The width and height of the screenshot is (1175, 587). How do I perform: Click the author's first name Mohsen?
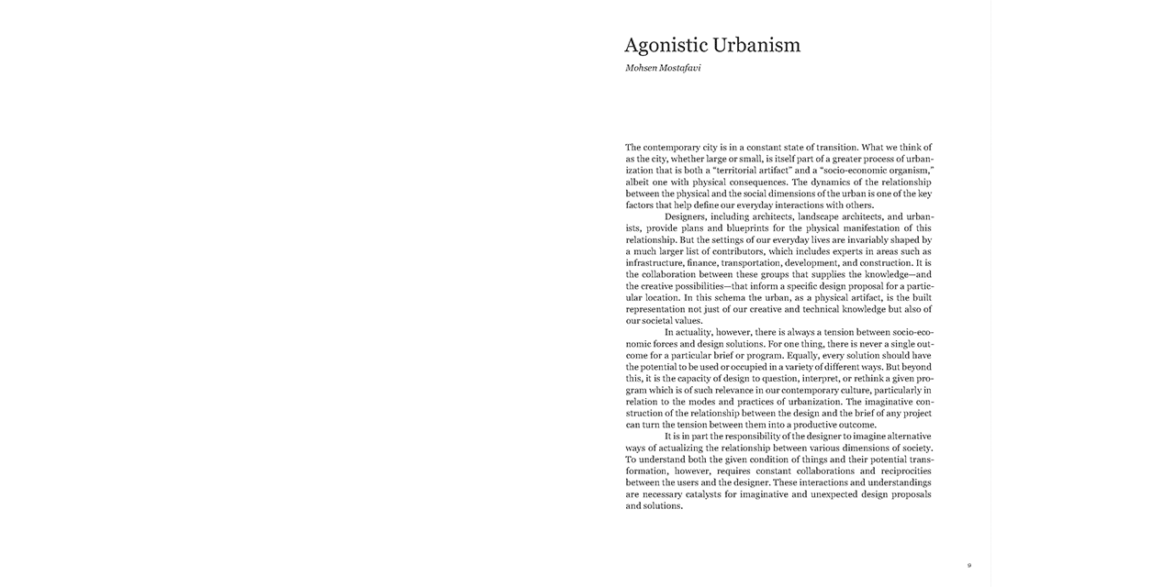(x=643, y=68)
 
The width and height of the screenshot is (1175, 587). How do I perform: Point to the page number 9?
(x=968, y=565)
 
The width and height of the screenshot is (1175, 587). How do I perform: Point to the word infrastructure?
(x=655, y=263)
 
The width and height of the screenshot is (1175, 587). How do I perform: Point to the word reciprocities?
(x=899, y=471)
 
